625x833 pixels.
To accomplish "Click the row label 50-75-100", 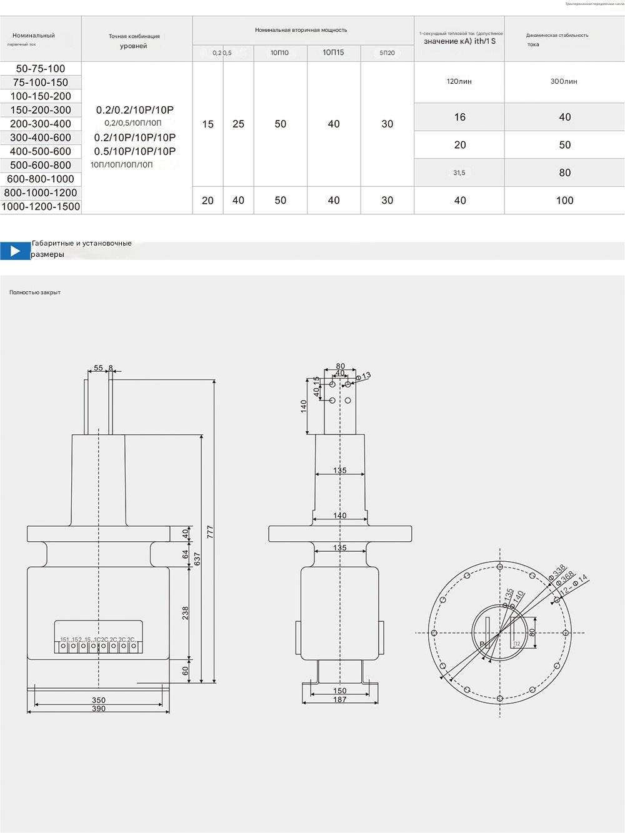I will (41, 69).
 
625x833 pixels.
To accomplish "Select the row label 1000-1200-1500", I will (41, 207).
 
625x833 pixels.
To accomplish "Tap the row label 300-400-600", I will (41, 137).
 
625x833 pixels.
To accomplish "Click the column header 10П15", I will (333, 52).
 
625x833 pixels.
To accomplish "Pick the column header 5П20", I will (387, 53).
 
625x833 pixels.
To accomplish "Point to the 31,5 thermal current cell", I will (459, 172).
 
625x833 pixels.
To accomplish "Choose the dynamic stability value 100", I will (564, 201).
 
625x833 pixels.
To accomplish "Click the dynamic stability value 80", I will (564, 172).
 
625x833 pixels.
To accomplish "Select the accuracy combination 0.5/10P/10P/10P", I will (135, 151).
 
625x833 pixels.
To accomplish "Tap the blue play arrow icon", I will (15, 251).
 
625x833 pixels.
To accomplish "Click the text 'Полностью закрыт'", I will (35, 292).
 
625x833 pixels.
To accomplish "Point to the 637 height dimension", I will (197, 558).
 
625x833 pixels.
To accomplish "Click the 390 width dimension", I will (99, 709).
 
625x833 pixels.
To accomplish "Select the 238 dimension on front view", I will (186, 613).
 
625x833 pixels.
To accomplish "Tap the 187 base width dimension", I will (339, 699).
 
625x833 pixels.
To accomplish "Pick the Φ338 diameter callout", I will (557, 572).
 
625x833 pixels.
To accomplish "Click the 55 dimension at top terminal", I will (99, 368).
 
